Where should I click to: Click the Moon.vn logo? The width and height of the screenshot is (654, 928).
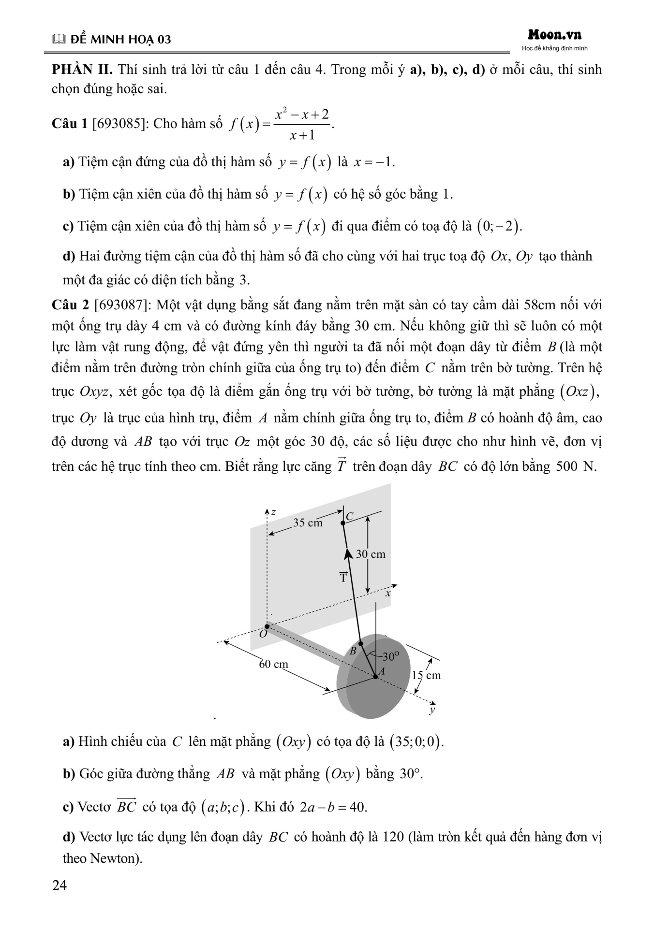point(554,35)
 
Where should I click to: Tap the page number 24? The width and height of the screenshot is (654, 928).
point(59,885)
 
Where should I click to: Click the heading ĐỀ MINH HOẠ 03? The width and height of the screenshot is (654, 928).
point(120,39)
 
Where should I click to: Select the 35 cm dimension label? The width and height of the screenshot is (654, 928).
point(308,522)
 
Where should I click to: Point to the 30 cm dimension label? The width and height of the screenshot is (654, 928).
point(371,554)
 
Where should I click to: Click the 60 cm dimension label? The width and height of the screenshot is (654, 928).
point(273,664)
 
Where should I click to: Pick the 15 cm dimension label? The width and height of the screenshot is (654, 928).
point(426,675)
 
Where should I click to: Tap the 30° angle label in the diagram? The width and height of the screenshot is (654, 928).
point(390,657)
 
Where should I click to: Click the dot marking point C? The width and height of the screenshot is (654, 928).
point(343,522)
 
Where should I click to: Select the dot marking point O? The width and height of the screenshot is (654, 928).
point(267,626)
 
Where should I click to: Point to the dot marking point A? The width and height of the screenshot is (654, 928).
point(375,676)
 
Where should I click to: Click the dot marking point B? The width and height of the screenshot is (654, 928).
point(360,644)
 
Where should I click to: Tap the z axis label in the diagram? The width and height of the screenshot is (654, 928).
point(273,512)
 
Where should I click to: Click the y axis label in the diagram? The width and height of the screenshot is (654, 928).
point(432,710)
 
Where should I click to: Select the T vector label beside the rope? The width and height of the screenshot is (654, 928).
point(343,577)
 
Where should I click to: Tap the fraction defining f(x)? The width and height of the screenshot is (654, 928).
point(302,125)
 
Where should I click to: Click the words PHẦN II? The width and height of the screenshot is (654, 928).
point(82,70)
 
